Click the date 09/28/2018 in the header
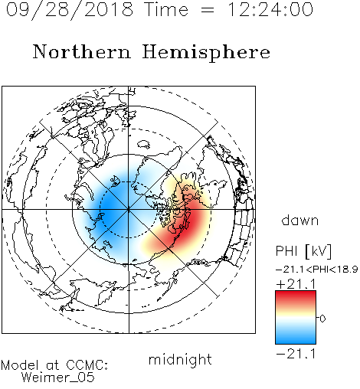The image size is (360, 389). (70, 10)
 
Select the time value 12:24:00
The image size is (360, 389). (270, 10)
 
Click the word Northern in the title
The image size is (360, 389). (82, 52)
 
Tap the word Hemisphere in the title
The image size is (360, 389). (206, 52)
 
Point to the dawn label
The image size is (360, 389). (300, 220)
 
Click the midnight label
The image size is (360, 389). (180, 360)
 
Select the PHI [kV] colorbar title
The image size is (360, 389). (303, 251)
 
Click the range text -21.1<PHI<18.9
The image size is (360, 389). (316, 270)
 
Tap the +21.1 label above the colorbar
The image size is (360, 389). (296, 284)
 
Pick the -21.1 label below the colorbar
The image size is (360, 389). (296, 354)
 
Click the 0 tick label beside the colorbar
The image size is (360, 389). (322, 319)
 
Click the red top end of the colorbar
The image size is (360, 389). (296, 293)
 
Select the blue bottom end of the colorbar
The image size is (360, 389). (296, 341)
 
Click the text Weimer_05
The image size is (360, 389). (58, 378)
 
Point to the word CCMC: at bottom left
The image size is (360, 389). (87, 365)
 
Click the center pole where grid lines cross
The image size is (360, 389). (129, 210)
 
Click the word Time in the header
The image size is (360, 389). (166, 10)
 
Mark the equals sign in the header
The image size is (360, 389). (208, 10)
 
